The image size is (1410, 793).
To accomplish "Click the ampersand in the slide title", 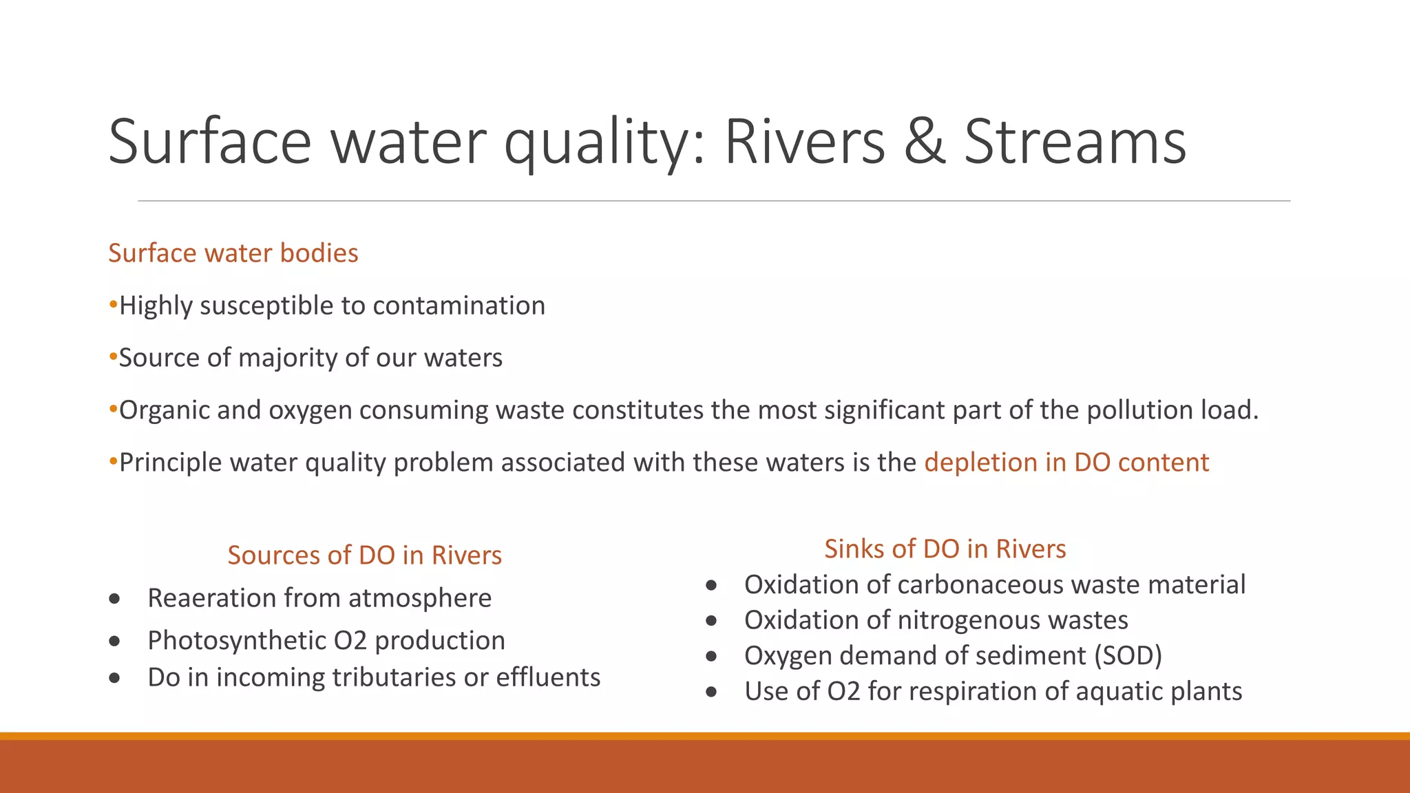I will pos(925,142).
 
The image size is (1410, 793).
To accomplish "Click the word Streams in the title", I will pos(1075,142).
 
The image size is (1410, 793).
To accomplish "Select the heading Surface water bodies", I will pos(233,253).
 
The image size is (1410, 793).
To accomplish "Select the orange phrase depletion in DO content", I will pos(1066,463).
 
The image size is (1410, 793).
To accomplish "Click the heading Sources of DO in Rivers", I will pos(364,555).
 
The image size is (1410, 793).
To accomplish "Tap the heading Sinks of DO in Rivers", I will pos(945,549).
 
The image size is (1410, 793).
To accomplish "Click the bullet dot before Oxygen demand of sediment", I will pos(711,657).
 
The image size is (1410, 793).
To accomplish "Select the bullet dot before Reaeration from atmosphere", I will pos(115,599).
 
